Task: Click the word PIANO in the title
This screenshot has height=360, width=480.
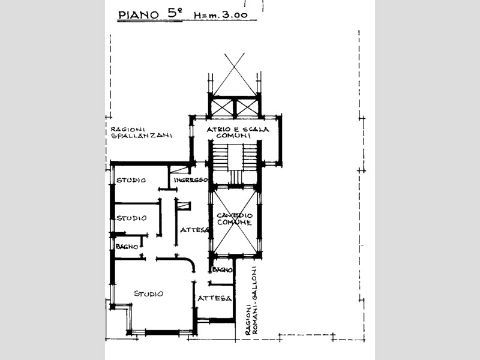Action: click(139, 14)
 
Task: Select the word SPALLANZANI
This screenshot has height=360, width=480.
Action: click(142, 136)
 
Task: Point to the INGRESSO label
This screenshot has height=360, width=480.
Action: click(191, 180)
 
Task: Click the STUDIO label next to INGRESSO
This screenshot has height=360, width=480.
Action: click(131, 180)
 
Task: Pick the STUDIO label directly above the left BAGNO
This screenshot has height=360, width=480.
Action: click(131, 218)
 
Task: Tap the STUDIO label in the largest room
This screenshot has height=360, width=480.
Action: click(149, 293)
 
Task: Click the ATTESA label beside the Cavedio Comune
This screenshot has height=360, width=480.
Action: click(194, 230)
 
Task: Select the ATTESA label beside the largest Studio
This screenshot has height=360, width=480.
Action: click(214, 298)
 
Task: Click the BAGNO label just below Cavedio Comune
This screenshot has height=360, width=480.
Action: click(222, 269)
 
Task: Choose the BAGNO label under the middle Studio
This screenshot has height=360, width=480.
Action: click(127, 247)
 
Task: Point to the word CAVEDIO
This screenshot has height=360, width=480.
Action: click(235, 216)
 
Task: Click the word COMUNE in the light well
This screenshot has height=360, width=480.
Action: click(235, 223)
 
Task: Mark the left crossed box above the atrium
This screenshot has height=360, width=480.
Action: click(223, 108)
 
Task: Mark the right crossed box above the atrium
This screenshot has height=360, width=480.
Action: click(247, 108)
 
